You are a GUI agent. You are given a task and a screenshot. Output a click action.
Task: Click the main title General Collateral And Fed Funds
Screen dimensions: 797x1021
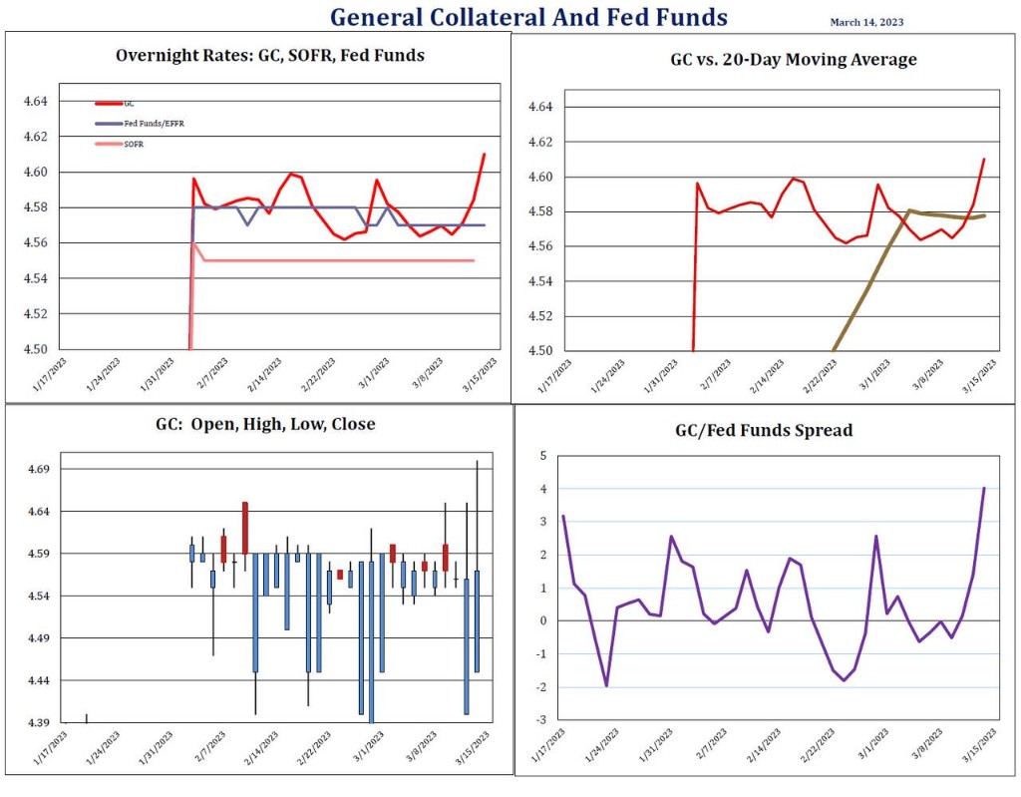pyautogui.click(x=528, y=17)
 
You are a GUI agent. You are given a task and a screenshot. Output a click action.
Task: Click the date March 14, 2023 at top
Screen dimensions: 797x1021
pyautogui.click(x=866, y=22)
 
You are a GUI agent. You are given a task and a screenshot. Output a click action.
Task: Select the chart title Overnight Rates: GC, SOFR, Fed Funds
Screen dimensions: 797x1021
pyautogui.click(x=269, y=56)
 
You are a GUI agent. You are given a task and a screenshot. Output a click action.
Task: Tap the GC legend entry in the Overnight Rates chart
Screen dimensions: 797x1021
pyautogui.click(x=130, y=103)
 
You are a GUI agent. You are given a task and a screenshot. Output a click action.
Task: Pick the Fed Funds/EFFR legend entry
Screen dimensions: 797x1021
pyautogui.click(x=146, y=124)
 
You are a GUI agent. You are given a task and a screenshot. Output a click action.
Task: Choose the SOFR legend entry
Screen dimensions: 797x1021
pyautogui.click(x=134, y=145)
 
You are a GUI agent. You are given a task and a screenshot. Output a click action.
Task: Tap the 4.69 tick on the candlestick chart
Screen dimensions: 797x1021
pyautogui.click(x=46, y=469)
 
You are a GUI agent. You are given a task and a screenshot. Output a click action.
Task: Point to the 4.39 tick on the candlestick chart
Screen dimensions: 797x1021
pyautogui.click(x=46, y=722)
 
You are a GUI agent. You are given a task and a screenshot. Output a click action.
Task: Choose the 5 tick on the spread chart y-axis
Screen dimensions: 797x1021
pyautogui.click(x=543, y=456)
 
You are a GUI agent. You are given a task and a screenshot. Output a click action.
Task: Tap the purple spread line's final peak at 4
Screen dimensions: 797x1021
pyautogui.click(x=984, y=489)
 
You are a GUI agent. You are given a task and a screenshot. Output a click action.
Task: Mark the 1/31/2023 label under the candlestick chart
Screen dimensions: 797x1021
pyautogui.click(x=150, y=749)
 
